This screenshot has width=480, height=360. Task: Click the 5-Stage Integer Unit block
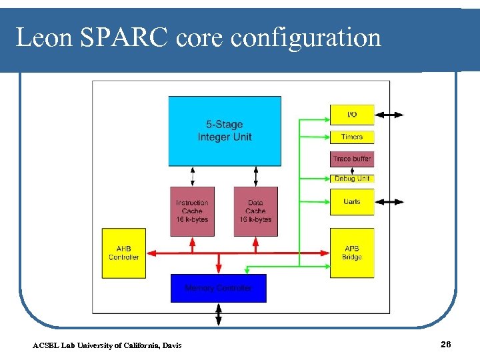224,131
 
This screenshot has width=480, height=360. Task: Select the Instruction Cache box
192,211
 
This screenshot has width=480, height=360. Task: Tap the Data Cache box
255,211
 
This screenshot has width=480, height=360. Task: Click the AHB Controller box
123,253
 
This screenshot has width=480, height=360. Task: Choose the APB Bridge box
352,253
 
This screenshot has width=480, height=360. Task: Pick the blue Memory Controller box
218,288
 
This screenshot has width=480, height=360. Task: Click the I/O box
352,115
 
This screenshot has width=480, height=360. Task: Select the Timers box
352,137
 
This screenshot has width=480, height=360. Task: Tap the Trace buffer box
352,159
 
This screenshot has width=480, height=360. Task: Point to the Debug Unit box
352,179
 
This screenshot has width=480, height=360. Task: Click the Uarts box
352,201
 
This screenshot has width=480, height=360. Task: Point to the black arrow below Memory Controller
218,314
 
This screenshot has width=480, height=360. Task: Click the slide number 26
446,344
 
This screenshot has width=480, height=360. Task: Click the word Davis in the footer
171,345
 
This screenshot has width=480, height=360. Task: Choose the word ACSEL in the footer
45,345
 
